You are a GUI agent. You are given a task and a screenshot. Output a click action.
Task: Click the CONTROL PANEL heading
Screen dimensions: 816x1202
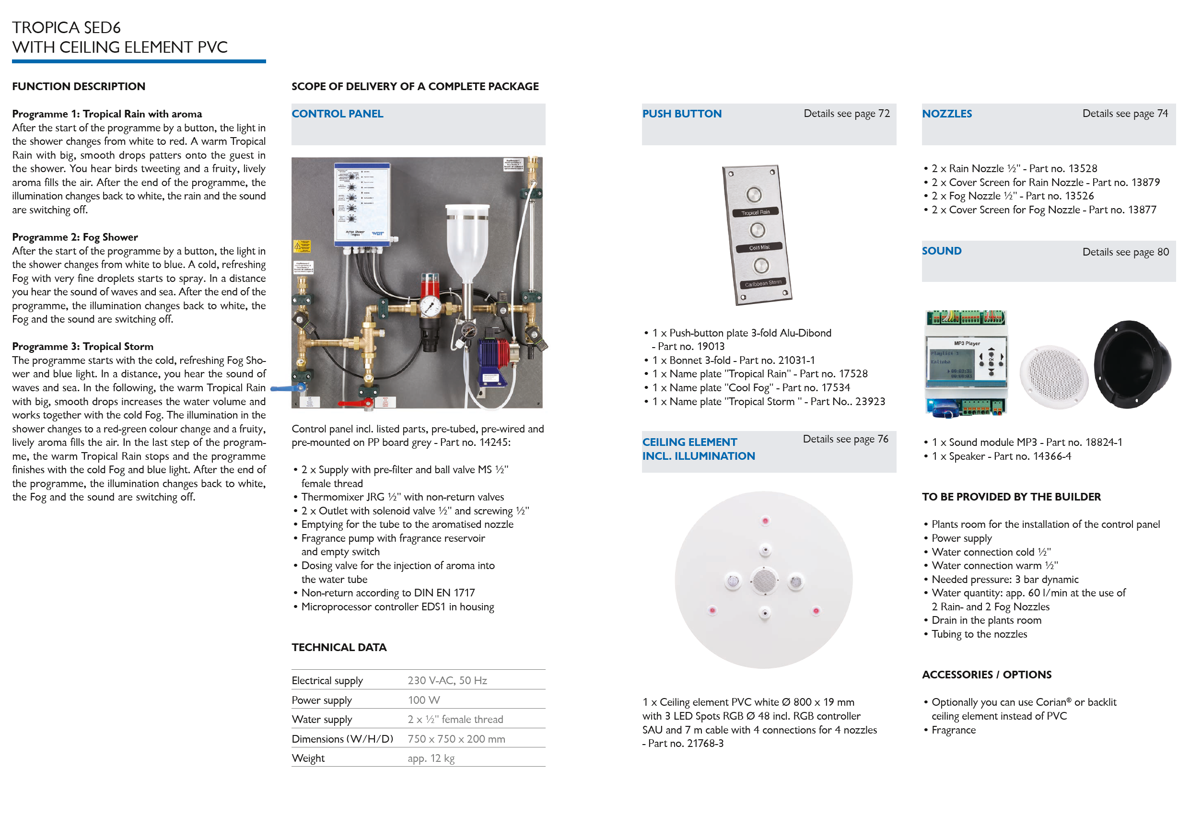point(337,114)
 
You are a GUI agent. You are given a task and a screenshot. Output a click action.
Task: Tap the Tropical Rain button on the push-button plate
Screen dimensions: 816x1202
point(753,195)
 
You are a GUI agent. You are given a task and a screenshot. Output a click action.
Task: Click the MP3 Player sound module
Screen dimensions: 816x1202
point(966,363)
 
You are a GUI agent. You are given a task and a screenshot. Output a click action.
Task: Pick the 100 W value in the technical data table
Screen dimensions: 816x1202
point(423,699)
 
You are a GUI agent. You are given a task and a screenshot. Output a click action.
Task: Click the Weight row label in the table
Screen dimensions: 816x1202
point(308,758)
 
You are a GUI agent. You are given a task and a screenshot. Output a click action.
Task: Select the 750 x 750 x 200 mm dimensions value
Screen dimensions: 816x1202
point(455,739)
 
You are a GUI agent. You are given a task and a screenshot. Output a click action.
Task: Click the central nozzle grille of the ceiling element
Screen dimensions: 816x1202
point(764,580)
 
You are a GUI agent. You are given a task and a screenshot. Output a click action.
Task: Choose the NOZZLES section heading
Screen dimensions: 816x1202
point(946,114)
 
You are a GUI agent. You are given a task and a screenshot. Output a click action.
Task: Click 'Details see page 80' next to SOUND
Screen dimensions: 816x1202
point(1125,252)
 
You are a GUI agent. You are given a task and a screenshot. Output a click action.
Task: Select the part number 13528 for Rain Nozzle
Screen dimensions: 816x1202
point(1082,169)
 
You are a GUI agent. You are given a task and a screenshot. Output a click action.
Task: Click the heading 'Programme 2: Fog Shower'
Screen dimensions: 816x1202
point(75,237)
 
